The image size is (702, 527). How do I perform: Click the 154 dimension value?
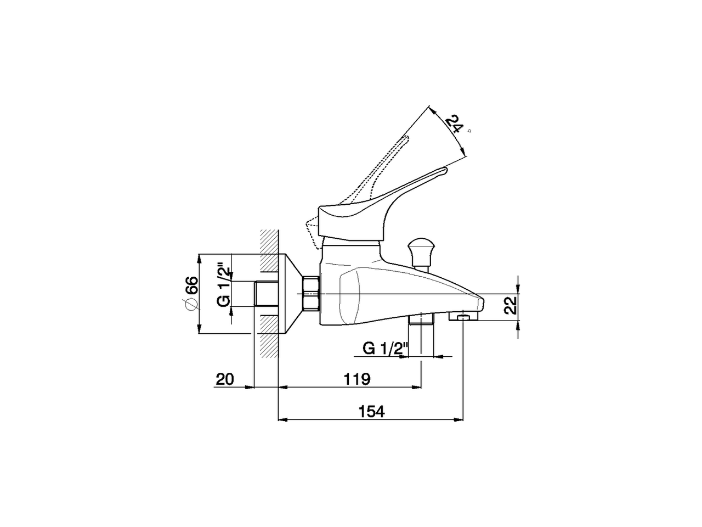[x=372, y=411]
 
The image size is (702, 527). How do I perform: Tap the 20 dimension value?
[x=225, y=379]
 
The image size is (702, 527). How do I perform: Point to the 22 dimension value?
[x=511, y=305]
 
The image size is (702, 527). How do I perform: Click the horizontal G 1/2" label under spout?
[x=386, y=348]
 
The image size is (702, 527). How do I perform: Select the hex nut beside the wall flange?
[x=310, y=294]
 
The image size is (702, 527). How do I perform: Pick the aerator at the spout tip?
[x=464, y=317]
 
